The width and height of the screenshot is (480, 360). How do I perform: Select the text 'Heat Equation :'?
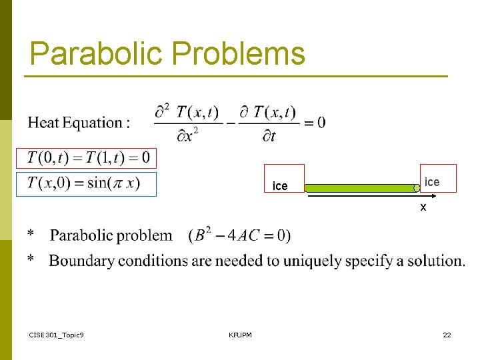click(x=79, y=122)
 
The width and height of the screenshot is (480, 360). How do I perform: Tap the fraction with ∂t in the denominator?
click(x=268, y=123)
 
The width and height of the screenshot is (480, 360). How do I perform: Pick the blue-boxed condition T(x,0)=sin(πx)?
click(x=86, y=184)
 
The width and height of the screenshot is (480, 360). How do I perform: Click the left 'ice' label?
click(x=281, y=186)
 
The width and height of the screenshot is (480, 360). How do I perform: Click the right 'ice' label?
click(x=432, y=182)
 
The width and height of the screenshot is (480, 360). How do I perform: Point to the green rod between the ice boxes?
click(x=360, y=188)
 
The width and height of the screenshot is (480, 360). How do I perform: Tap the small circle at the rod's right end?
click(x=417, y=189)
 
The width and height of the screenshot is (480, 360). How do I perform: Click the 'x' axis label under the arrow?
click(x=423, y=207)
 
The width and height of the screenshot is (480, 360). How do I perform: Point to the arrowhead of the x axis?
click(x=433, y=196)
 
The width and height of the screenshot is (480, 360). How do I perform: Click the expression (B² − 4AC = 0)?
click(x=239, y=235)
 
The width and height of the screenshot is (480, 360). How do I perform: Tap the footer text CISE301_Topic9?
click(x=57, y=335)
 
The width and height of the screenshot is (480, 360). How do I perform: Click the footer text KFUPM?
click(x=240, y=335)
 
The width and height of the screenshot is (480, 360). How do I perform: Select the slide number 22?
click(x=447, y=335)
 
